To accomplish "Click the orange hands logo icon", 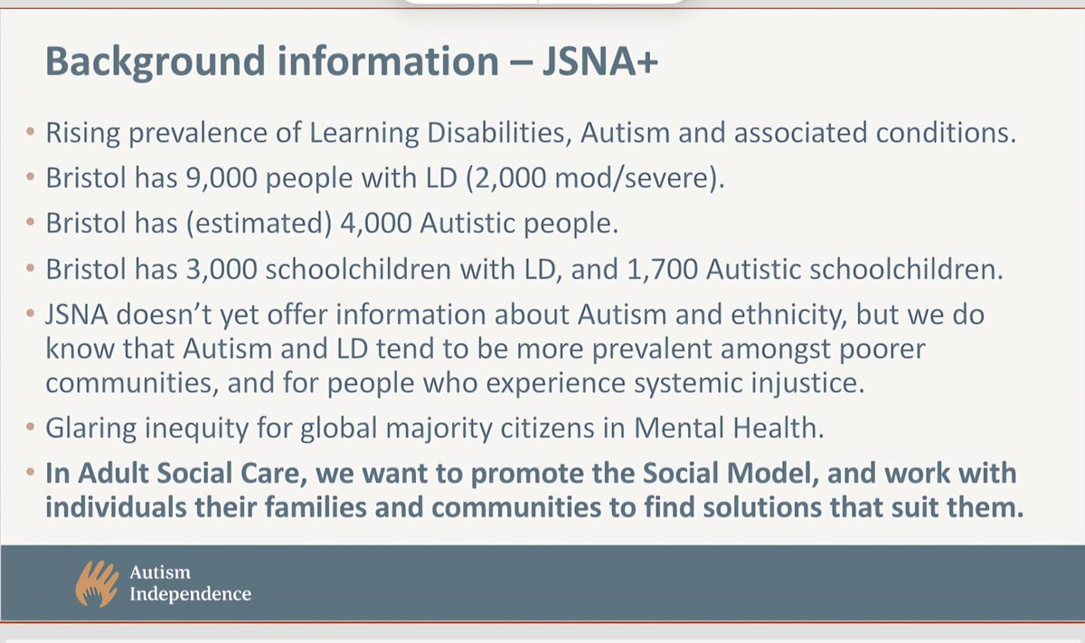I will tap(98, 583).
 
